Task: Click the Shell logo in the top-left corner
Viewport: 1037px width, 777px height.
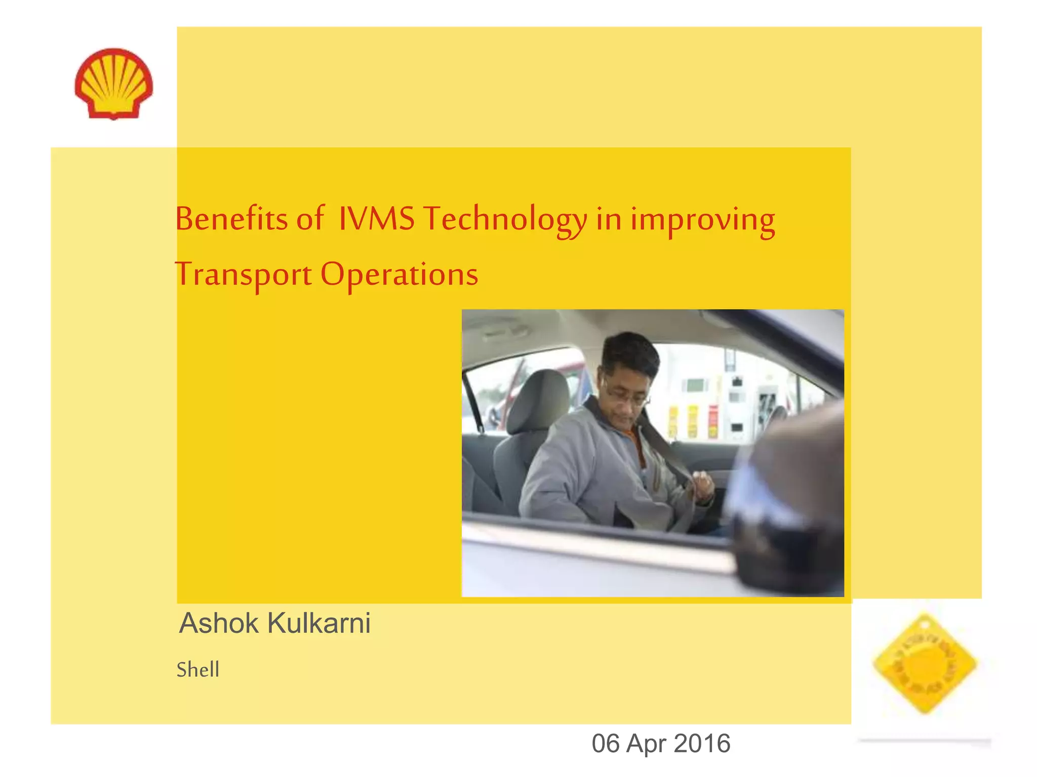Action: point(113,83)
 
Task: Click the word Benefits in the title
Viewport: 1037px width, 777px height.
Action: point(231,219)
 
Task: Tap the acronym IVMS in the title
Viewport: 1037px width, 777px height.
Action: point(376,219)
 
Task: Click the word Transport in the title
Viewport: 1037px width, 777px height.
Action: point(243,275)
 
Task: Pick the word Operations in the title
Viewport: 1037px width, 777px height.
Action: point(399,275)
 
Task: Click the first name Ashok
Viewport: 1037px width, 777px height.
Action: point(219,623)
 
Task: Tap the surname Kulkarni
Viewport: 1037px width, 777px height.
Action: point(319,623)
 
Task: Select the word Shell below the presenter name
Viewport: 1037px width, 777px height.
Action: point(198,670)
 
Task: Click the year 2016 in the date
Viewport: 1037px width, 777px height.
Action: point(702,743)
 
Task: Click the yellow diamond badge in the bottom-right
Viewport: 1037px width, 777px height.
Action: point(925,663)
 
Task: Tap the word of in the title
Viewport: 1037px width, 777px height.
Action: point(309,219)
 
